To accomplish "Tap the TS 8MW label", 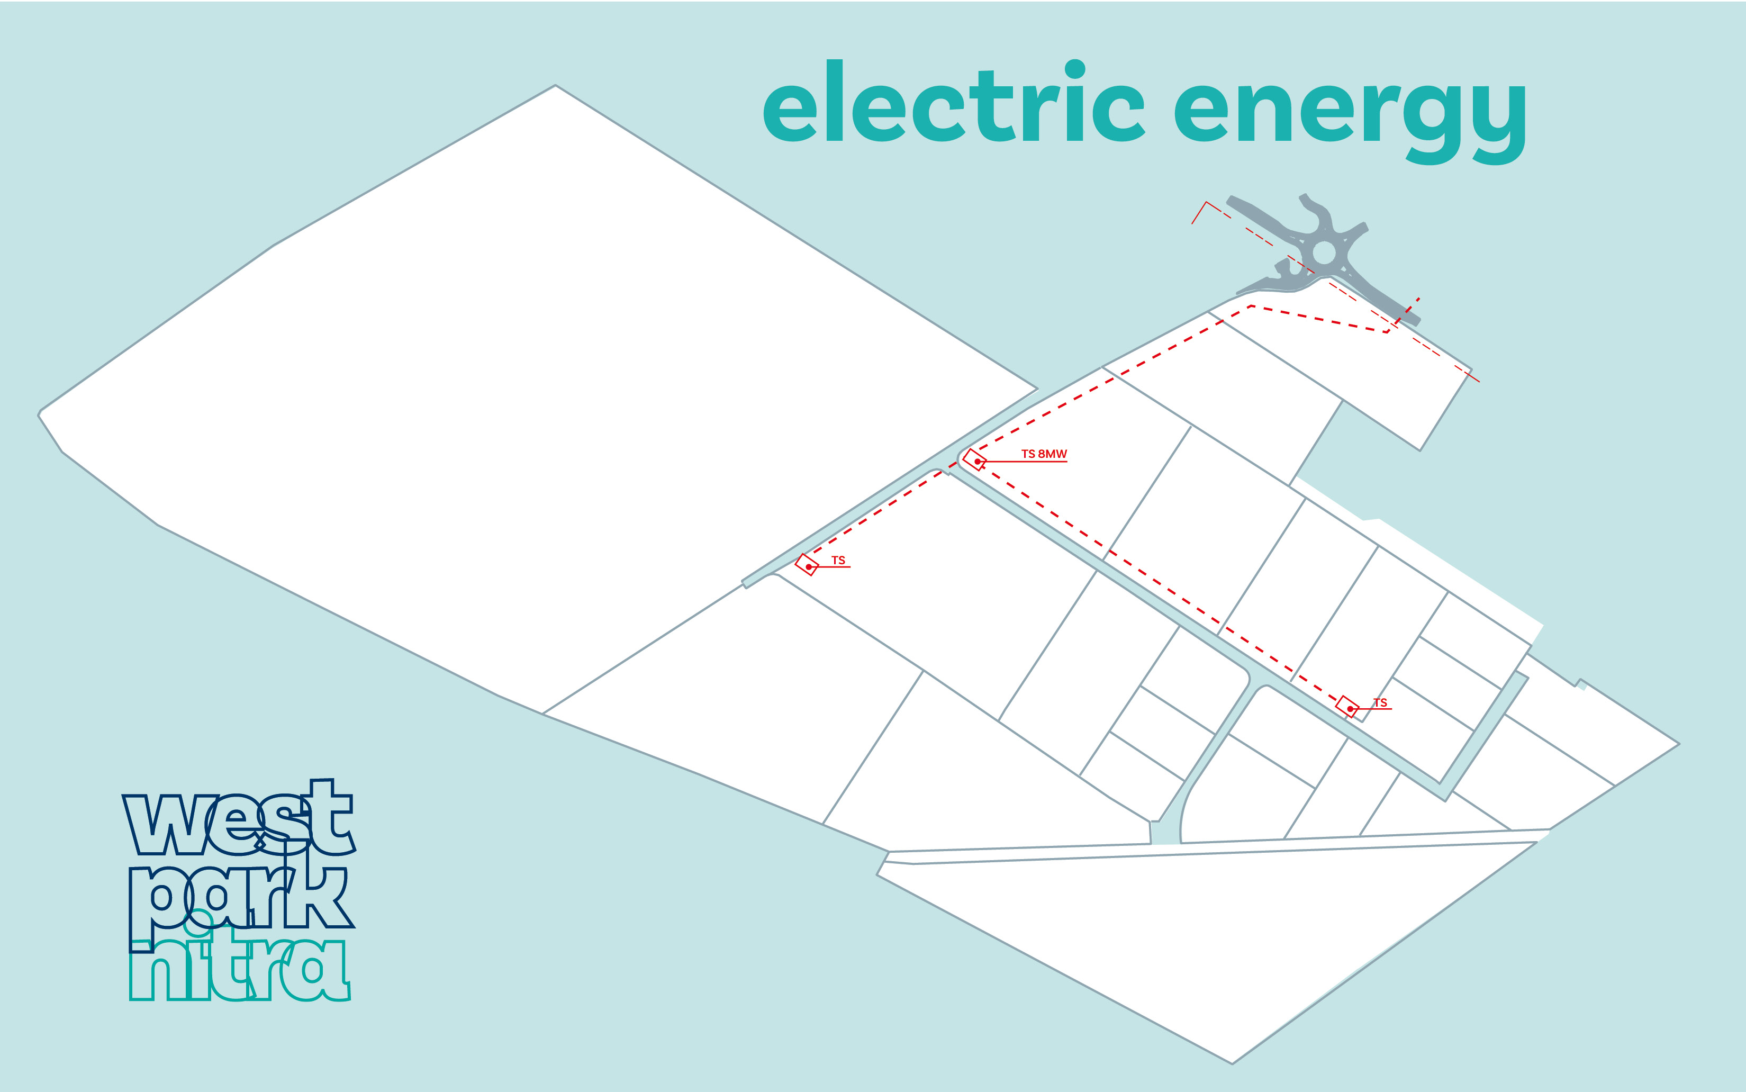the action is click(1043, 454).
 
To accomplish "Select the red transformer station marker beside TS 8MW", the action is click(975, 460).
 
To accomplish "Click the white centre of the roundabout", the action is click(1324, 253).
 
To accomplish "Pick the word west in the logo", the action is click(238, 818).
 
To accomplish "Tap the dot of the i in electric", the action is click(1075, 69).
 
